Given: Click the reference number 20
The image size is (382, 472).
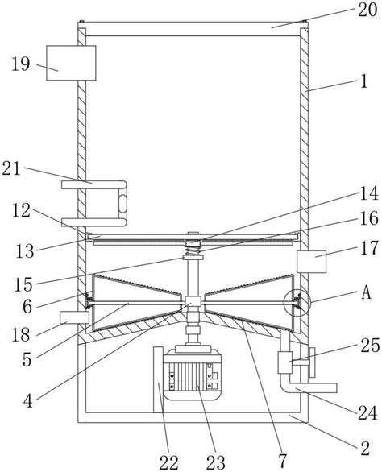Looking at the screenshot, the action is [x=367, y=10].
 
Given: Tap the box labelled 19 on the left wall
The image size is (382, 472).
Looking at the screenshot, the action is [x=71, y=63].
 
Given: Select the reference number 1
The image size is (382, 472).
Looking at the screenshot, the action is [x=364, y=81].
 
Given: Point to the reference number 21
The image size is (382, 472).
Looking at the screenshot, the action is [x=11, y=169].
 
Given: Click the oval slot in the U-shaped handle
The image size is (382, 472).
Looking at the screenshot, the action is [x=122, y=203].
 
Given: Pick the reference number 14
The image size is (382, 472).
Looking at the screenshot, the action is [x=369, y=193].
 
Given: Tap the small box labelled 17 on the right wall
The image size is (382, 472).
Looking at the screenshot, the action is [x=312, y=262].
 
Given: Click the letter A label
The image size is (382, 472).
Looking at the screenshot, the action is [x=366, y=292].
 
